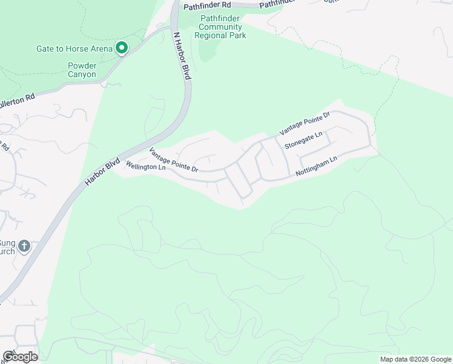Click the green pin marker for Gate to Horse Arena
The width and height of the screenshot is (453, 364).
(121, 47)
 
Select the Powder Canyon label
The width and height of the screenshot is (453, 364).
(82, 70)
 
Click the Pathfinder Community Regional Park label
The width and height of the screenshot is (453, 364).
(220, 27)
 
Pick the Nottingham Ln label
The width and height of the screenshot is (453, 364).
(316, 166)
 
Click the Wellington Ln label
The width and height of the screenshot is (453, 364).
(145, 166)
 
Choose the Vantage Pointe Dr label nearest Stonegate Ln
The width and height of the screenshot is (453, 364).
(305, 123)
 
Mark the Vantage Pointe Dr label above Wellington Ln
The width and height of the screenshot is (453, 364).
(174, 159)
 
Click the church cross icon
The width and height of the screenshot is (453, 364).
(24, 246)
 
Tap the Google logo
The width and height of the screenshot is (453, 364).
(20, 357)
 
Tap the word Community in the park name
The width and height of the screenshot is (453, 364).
(220, 27)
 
